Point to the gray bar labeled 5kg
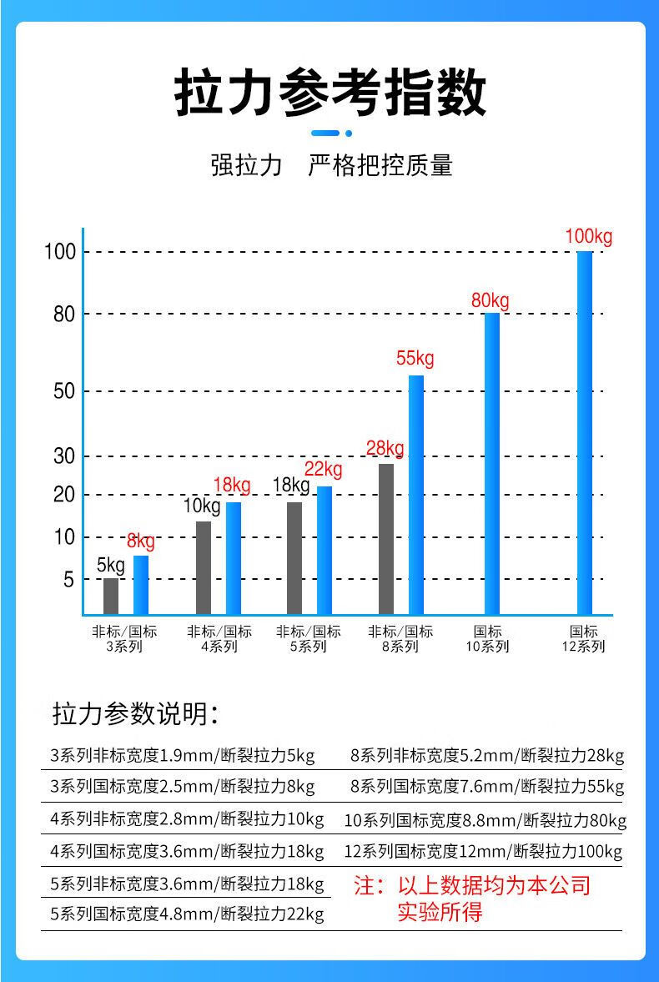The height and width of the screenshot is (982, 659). tap(111, 596)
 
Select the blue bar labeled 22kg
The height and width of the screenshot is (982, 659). tap(324, 550)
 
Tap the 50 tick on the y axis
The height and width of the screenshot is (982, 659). tap(64, 391)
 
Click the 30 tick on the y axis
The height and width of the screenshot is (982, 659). tap(64, 456)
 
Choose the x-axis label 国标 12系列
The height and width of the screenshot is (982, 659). tap(584, 639)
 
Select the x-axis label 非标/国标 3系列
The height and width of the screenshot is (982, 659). tap(124, 639)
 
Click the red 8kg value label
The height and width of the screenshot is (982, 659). tap(140, 541)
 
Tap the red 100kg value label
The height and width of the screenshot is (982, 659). tap(589, 236)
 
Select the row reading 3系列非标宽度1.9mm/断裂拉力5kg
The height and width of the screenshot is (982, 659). tap(183, 757)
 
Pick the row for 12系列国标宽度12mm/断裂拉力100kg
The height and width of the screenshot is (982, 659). tap(483, 852)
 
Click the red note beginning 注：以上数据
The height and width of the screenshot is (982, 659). tap(472, 898)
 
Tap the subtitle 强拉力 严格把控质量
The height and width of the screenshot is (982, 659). tap(330, 165)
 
